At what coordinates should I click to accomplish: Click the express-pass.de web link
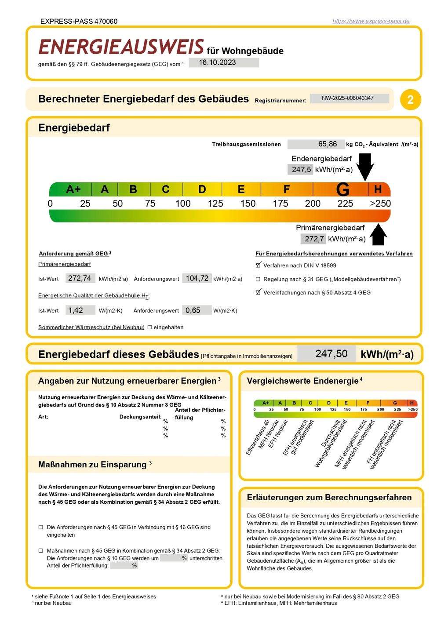tap(371, 21)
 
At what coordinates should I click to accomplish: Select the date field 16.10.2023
tap(223, 62)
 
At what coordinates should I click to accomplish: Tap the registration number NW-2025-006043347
tap(349, 98)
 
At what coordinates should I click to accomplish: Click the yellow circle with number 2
tap(410, 100)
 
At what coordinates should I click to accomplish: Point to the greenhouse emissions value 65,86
tap(315, 144)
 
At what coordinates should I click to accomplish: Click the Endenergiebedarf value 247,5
tap(301, 170)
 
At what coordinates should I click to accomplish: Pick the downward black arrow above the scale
tap(364, 166)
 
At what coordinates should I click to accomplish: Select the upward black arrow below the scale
tap(378, 235)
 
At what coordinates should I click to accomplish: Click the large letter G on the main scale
tap(342, 189)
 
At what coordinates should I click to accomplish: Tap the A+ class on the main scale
tap(73, 189)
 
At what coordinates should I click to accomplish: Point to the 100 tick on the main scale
tap(183, 204)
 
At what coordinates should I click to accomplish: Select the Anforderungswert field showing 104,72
tap(197, 278)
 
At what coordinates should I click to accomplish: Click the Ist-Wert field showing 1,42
tap(80, 310)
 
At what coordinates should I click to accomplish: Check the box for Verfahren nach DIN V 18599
tap(258, 266)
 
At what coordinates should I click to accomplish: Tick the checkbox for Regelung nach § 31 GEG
tap(258, 279)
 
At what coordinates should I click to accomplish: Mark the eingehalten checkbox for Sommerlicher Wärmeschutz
tap(150, 327)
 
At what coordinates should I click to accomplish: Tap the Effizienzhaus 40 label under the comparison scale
tap(257, 438)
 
